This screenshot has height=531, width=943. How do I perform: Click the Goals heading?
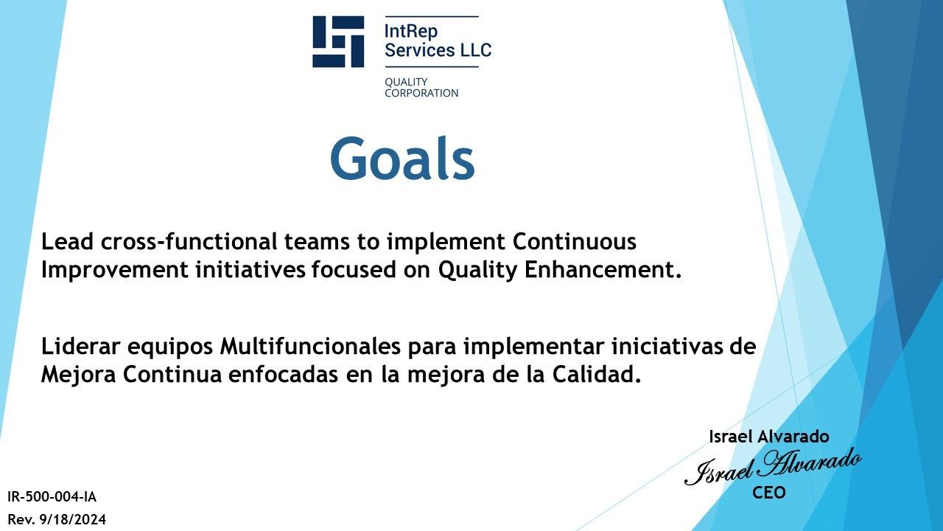[403, 159]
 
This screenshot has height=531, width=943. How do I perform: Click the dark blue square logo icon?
[338, 41]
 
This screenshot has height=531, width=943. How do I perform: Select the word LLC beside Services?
[476, 49]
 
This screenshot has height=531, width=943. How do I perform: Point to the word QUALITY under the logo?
[406, 82]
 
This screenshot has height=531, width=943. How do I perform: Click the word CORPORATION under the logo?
[421, 93]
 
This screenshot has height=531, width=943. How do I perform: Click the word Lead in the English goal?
[67, 241]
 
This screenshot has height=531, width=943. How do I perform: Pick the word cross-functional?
[189, 241]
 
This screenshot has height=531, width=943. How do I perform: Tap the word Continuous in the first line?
[574, 241]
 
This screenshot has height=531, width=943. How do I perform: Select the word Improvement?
[114, 270]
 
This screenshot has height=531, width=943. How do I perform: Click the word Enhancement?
[603, 270]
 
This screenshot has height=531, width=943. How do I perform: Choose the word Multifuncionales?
[310, 347]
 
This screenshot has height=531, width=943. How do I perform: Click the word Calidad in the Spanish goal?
[597, 374]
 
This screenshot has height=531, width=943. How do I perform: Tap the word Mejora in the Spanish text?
[78, 375]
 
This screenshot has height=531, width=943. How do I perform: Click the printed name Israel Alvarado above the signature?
[768, 437]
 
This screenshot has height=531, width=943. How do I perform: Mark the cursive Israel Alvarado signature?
[772, 467]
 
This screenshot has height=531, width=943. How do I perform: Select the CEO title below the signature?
[768, 493]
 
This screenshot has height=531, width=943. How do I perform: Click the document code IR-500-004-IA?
[52, 497]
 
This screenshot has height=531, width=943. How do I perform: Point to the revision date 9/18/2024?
[72, 519]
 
